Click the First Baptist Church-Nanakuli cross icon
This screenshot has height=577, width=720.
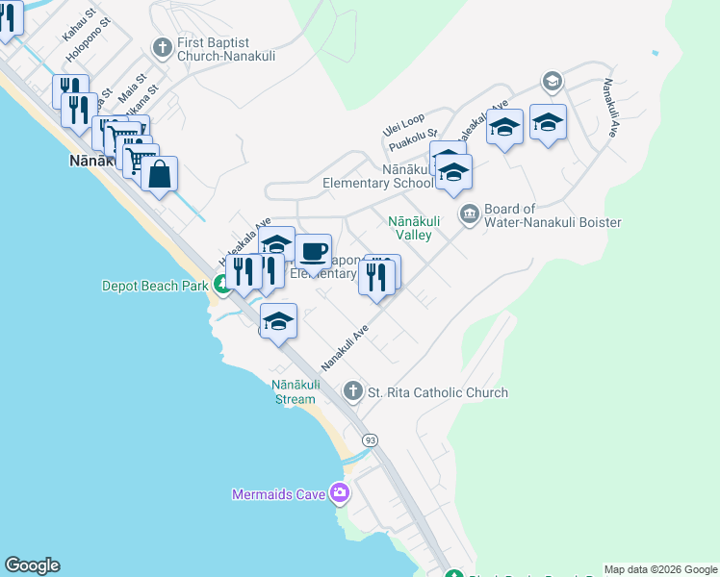[x=163, y=46]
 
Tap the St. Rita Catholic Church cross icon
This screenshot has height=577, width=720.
[x=353, y=390]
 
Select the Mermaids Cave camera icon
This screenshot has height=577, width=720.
[x=339, y=493]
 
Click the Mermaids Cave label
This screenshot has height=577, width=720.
[x=279, y=495]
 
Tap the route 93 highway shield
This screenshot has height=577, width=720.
[x=370, y=440]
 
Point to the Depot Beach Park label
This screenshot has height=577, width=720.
[x=155, y=286]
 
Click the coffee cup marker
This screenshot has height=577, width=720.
[x=312, y=253]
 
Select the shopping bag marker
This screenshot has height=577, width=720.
[x=159, y=175]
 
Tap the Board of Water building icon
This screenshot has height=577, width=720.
[x=470, y=213]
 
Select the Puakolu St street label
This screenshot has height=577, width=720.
[x=414, y=141]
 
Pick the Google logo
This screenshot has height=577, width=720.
[x=32, y=565]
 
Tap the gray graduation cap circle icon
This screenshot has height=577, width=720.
[x=552, y=81]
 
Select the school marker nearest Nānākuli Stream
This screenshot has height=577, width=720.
[x=278, y=320]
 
